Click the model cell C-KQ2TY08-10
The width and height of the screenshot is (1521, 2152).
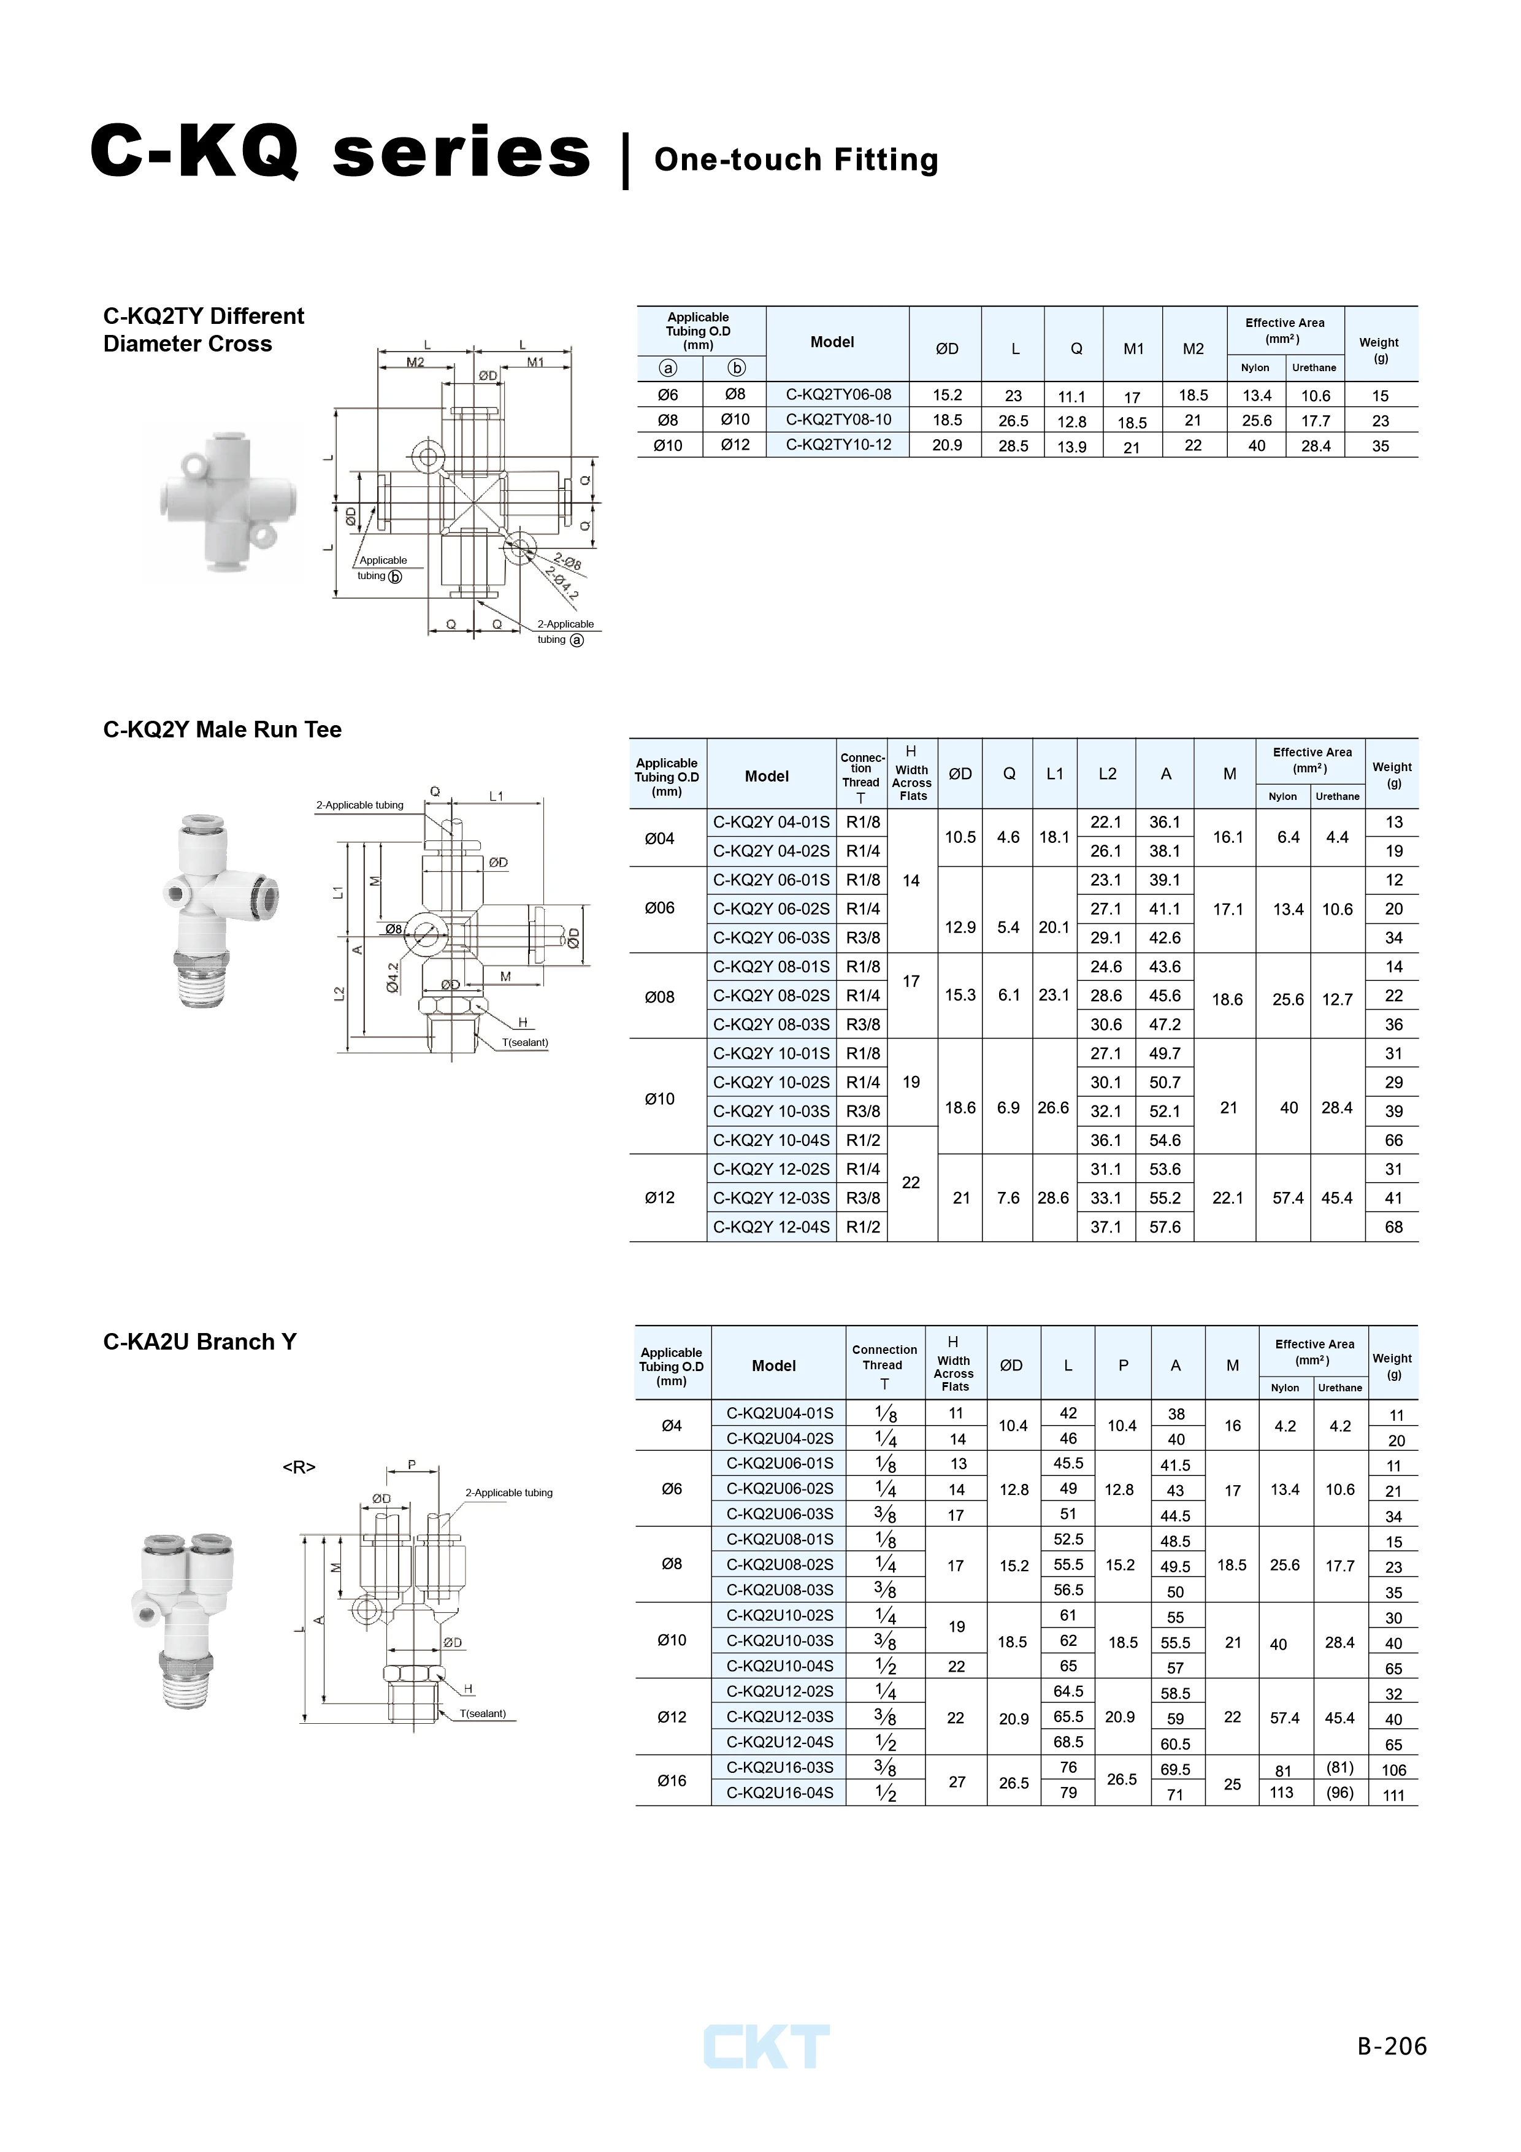click(x=838, y=420)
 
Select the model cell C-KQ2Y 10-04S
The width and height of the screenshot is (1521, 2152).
click(x=772, y=1140)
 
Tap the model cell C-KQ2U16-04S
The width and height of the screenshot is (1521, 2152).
click(x=780, y=1792)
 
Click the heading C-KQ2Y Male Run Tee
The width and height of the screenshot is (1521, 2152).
click(x=222, y=729)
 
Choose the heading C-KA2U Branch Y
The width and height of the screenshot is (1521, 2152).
click(x=199, y=1341)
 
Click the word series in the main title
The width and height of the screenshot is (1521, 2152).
click(x=461, y=153)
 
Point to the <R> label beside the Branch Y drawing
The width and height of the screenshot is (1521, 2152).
click(x=299, y=1467)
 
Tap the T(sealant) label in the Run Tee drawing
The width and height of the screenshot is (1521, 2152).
click(x=525, y=1042)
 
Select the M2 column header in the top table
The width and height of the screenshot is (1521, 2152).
click(x=1193, y=348)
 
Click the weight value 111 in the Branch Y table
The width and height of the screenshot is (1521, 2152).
click(x=1393, y=1795)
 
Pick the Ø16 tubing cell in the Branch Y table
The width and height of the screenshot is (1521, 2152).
click(x=672, y=1780)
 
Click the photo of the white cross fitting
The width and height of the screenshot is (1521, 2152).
click(x=223, y=501)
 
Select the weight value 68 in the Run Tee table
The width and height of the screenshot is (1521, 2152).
click(x=1393, y=1227)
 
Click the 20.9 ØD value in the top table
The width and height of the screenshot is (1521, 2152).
click(x=946, y=445)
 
